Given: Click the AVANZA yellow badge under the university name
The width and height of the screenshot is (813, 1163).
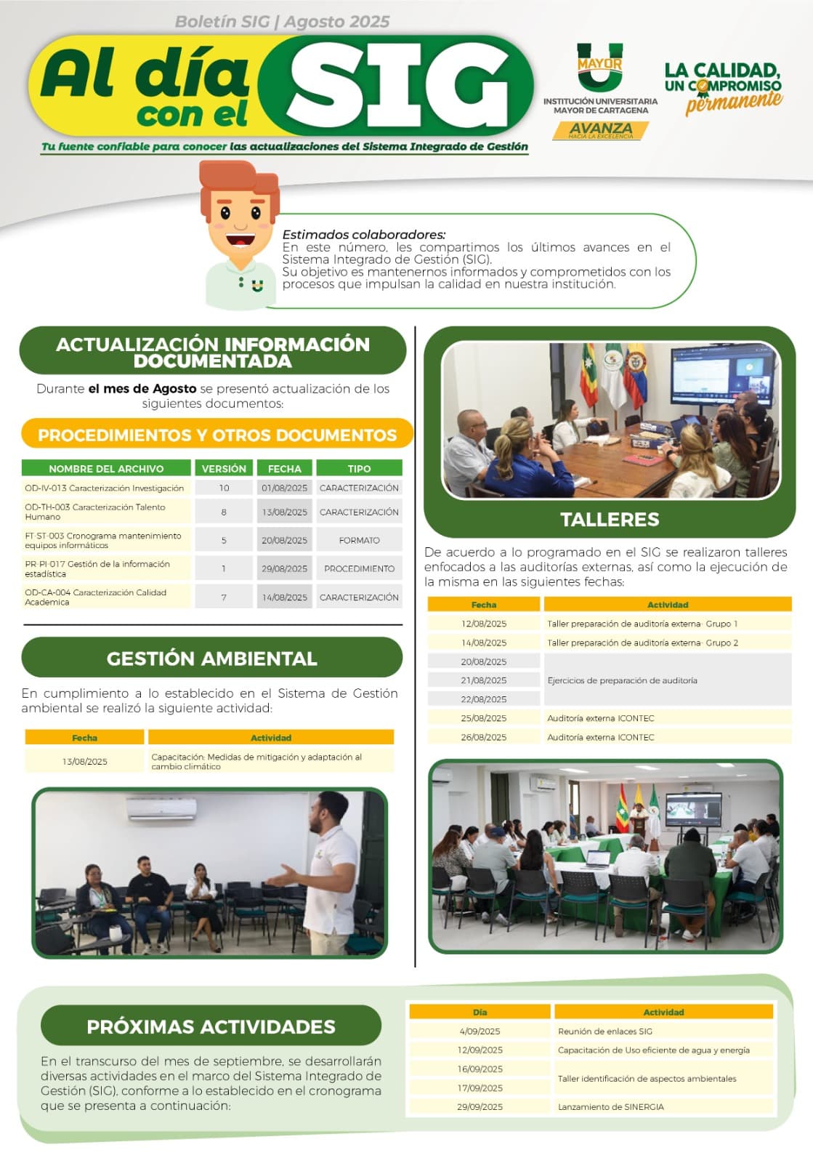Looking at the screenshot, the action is pos(600,130).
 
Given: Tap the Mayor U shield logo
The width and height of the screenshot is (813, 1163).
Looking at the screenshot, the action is pos(600,66).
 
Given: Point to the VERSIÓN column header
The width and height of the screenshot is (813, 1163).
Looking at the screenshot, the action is pos(224,468).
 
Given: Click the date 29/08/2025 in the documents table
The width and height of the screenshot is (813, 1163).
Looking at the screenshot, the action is pos(284,568).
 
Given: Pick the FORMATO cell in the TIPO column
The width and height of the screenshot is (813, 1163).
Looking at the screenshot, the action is pos(359,541).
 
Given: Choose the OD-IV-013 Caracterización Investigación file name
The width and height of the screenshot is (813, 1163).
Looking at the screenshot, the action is pos(105,488).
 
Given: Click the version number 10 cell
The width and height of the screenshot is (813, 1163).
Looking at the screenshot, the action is pos(224,488).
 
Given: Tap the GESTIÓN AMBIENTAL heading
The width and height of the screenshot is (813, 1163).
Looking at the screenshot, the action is pos(211,659).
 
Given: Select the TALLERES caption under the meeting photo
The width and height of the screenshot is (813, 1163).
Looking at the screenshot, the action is pos(610,519).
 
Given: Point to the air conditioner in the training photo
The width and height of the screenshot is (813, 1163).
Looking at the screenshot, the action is pos(161,808).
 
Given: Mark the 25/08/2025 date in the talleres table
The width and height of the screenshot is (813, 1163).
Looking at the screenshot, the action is pos(484,718).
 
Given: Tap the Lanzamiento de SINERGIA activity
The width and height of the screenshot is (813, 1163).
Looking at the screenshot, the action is pos(610,1106).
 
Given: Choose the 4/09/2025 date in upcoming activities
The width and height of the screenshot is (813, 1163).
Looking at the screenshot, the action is pos(480,1031).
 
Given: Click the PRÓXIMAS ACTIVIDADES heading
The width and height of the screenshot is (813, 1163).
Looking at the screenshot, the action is pos(211,1026).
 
